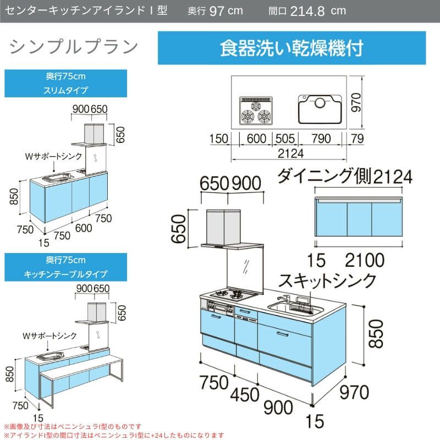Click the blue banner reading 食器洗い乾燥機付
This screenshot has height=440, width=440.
(x=292, y=48)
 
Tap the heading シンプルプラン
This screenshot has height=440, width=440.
(x=74, y=47)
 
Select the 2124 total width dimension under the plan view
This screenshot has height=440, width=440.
(x=291, y=153)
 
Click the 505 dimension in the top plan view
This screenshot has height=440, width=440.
(x=285, y=139)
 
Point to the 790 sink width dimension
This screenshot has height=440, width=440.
(x=321, y=139)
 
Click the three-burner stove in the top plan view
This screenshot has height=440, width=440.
(x=256, y=111)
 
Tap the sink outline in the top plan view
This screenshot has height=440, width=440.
(x=320, y=109)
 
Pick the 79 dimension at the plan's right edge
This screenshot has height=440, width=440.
(x=358, y=139)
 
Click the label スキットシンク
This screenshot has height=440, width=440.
(x=327, y=280)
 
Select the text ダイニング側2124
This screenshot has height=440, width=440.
(x=345, y=176)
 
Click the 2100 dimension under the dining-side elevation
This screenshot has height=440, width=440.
(x=365, y=260)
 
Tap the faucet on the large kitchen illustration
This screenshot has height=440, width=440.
(x=284, y=299)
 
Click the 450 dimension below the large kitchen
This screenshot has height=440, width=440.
(x=245, y=394)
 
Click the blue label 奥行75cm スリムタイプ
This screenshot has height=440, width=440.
(x=65, y=84)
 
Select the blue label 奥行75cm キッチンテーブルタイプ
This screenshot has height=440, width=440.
(x=65, y=267)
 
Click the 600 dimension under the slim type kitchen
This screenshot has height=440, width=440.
(x=84, y=228)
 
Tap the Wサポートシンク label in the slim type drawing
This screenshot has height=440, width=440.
(x=53, y=156)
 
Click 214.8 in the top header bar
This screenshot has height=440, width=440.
(x=307, y=11)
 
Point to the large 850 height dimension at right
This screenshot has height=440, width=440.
(x=376, y=334)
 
